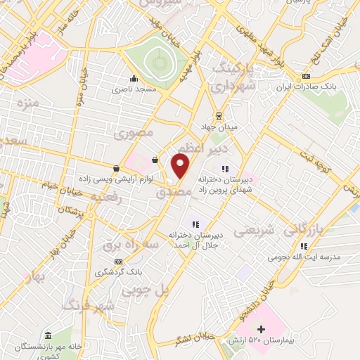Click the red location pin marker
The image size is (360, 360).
pos(181,167)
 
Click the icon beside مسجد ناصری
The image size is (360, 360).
pos(134,79)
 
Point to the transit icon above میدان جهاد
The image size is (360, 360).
pos(219,115)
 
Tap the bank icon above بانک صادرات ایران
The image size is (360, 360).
pos(306,77)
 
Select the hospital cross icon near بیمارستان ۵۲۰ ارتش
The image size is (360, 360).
pos(261,328)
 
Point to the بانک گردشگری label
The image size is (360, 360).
pos(116,271)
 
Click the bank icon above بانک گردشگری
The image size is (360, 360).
pos(117,260)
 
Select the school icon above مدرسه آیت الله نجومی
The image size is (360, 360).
pos(304,246)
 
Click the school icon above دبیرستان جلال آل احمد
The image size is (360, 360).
pos(195,224)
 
